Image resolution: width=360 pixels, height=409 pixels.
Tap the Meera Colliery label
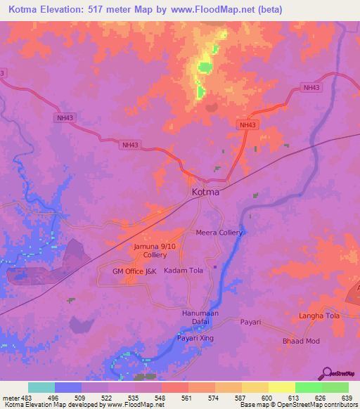(219, 233)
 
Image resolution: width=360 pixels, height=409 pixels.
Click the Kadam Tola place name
(184, 271)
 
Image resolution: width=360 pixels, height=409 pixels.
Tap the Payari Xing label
(195, 338)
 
